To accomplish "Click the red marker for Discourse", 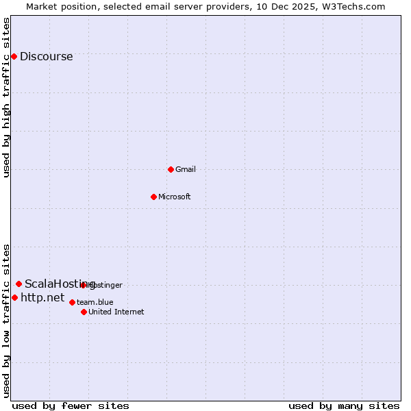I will (14, 56).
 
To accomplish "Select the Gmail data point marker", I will (171, 169).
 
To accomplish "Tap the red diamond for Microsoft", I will (153, 197).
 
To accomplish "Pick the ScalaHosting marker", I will (18, 284).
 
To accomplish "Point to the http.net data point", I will (14, 298).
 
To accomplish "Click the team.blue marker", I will (72, 302).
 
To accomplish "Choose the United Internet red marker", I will (84, 312).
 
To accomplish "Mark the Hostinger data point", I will (84, 284).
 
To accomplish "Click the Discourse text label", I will (46, 57).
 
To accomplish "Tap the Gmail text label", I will (186, 169).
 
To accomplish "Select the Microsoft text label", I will (174, 197).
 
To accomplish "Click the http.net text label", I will (42, 298).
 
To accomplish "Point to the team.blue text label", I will (95, 302).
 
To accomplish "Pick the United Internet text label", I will (116, 312).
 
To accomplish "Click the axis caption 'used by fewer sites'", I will (71, 406).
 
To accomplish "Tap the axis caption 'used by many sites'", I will (344, 406).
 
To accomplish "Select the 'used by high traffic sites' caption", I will (7, 97).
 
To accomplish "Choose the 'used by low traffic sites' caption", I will (7, 320).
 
